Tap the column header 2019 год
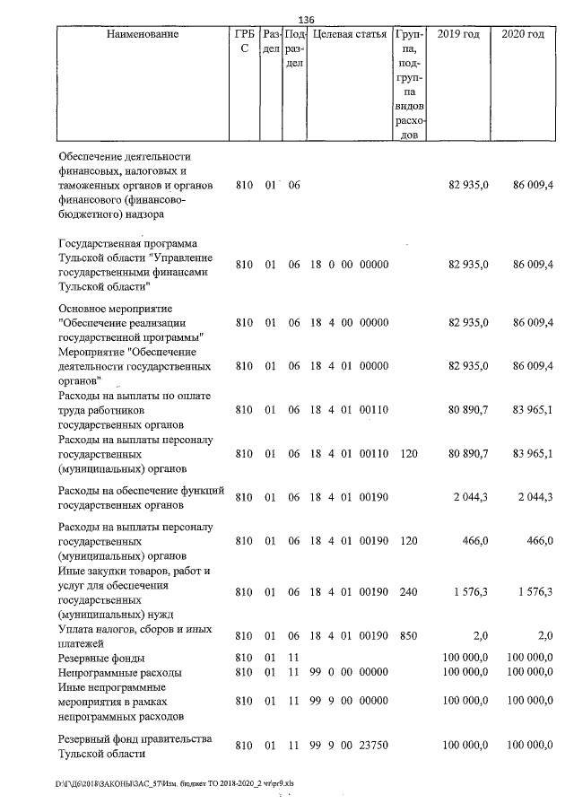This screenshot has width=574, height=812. pyautogui.click(x=457, y=35)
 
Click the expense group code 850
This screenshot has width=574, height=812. pyautogui.click(x=409, y=635)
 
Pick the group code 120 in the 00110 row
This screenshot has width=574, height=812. pyautogui.click(x=409, y=454)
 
